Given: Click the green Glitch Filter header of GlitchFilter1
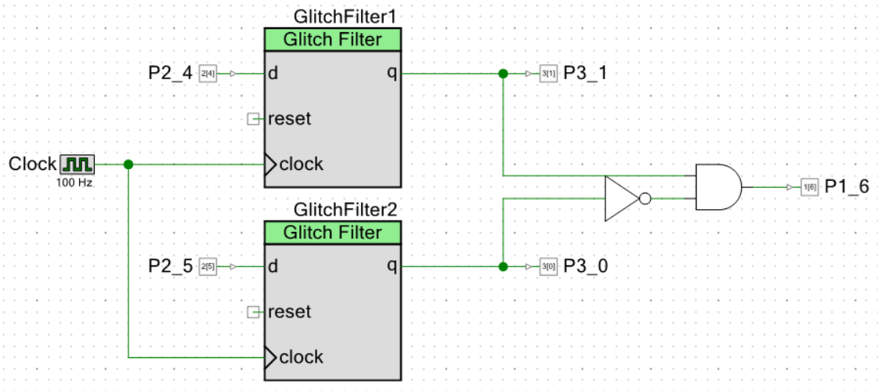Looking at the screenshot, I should (333, 40).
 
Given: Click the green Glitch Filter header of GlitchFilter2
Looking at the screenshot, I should (333, 233).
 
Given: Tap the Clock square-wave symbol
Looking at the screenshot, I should (77, 164).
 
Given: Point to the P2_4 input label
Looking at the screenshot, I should (170, 74).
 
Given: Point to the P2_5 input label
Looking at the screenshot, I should (170, 266).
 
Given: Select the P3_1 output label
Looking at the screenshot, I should (585, 74).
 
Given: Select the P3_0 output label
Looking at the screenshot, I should (585, 266).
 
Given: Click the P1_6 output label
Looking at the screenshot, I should (846, 187).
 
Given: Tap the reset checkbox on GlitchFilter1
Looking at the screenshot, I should (253, 119).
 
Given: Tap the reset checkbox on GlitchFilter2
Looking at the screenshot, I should (253, 312).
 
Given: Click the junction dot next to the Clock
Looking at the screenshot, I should (128, 165).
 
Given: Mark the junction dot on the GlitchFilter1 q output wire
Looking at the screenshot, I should (503, 74).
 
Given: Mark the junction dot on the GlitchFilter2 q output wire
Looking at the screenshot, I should (503, 266).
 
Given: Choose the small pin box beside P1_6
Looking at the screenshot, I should (808, 187).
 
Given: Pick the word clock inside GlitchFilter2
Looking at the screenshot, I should (301, 357).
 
